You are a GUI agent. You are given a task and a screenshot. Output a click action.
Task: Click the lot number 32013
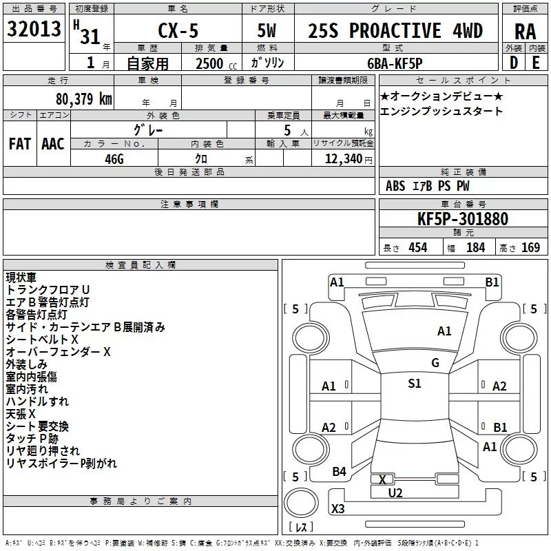point(33,30)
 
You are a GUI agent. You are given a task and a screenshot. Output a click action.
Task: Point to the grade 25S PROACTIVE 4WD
point(395,31)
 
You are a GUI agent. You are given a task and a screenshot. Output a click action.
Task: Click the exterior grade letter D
point(513,62)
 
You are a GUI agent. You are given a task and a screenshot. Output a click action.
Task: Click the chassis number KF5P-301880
point(463,219)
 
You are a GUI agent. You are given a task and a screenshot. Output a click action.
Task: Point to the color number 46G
point(113,158)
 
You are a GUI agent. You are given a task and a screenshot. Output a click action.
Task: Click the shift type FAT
point(20,144)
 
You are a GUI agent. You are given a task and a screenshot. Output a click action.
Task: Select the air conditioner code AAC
point(53,144)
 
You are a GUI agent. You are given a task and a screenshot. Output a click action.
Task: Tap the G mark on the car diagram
point(435,363)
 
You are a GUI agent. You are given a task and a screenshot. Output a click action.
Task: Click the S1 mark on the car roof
point(414,384)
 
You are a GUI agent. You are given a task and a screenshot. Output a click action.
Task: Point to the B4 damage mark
point(339,471)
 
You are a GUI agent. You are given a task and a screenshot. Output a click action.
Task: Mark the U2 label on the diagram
point(395,492)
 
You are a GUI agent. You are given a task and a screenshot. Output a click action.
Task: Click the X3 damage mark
point(338,509)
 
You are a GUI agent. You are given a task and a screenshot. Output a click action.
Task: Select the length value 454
point(417,248)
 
